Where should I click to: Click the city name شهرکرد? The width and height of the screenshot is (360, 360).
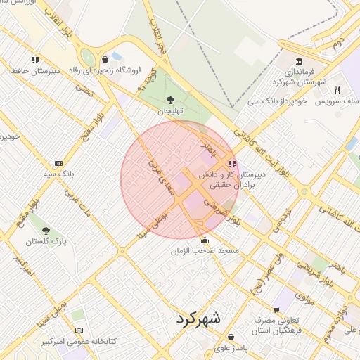195,319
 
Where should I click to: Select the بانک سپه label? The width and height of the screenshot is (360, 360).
58,173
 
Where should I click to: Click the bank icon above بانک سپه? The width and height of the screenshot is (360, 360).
58,162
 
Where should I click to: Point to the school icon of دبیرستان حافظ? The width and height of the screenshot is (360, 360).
35,60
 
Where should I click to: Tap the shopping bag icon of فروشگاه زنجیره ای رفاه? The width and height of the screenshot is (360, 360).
105,60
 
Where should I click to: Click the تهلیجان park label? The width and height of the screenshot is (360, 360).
169,110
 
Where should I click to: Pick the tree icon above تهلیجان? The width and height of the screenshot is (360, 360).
169,99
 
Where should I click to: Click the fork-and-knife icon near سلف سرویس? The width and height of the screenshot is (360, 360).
337,90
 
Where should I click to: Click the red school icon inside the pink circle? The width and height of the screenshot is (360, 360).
233,163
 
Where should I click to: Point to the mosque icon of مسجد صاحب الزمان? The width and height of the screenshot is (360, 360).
205,240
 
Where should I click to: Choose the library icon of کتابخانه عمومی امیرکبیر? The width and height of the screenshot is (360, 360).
79,330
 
